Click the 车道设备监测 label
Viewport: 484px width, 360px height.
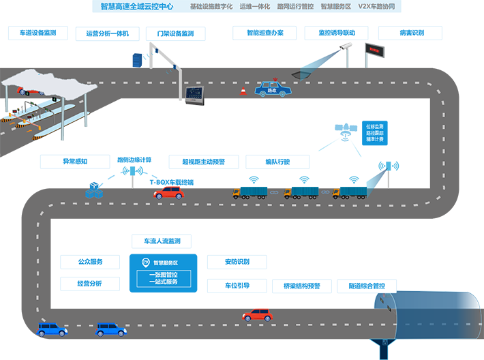click(38, 33)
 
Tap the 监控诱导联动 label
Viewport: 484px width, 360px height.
click(336, 33)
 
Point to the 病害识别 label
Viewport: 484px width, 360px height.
click(411, 33)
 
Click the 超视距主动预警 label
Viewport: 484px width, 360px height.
click(203, 162)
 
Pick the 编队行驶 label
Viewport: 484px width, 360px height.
click(277, 162)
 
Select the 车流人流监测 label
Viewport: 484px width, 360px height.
click(162, 241)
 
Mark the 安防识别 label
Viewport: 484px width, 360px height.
click(237, 262)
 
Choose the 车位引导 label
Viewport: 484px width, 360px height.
click(237, 286)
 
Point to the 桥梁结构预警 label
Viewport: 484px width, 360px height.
click(301, 286)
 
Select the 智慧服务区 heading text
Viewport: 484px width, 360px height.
click(165, 262)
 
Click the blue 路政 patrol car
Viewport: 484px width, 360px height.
click(274, 89)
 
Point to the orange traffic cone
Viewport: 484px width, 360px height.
click(242, 91)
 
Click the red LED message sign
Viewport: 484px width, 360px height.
click(374, 49)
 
